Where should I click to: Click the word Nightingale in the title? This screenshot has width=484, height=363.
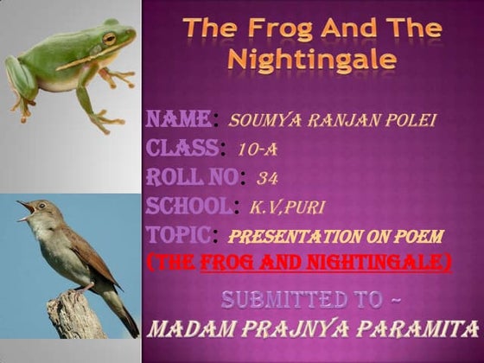(312, 60)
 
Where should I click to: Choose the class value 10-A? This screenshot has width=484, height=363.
(255, 149)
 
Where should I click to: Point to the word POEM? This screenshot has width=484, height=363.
(417, 235)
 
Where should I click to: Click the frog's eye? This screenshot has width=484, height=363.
(109, 38)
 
